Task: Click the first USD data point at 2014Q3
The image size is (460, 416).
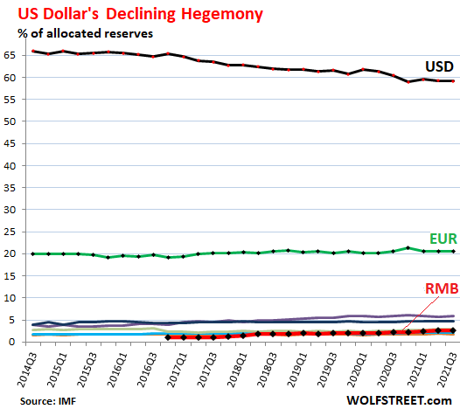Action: tap(34, 52)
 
